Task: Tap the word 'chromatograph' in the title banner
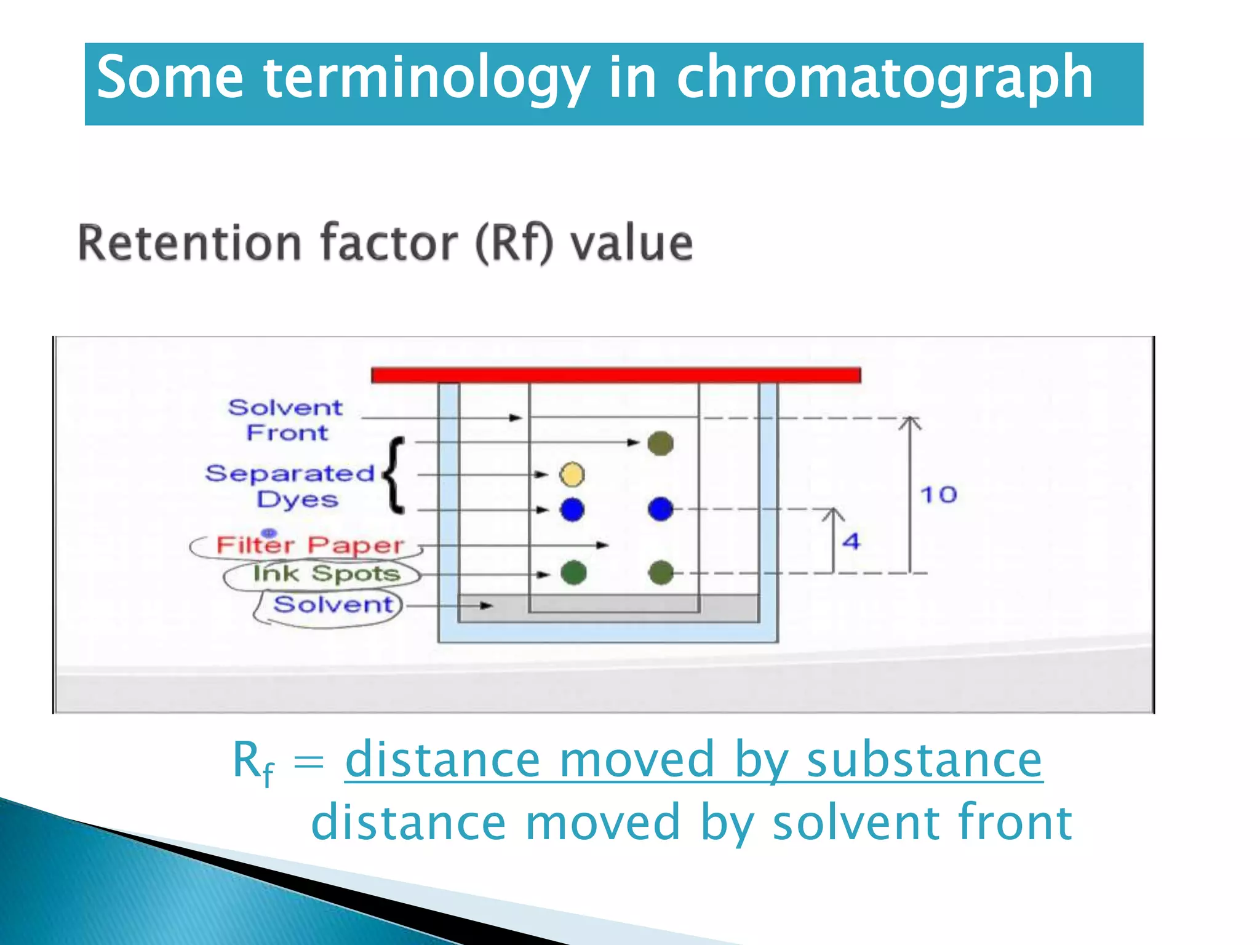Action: pos(884,78)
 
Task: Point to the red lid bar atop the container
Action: pos(615,375)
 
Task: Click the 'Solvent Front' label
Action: pos(286,420)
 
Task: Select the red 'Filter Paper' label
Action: pos(309,545)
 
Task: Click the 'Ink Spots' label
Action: pos(326,573)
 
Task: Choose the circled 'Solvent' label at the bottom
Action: pos(333,605)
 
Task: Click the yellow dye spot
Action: pos(572,474)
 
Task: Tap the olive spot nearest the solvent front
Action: pos(661,443)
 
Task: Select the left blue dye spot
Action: pos(572,509)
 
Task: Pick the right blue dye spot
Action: pos(661,509)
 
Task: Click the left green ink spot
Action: pos(573,573)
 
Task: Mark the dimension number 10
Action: pos(938,495)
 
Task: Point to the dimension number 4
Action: pos(851,541)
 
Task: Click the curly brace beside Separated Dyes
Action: pos(394,475)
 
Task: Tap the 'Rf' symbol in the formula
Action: pos(253,762)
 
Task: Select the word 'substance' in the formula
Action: pos(924,760)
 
